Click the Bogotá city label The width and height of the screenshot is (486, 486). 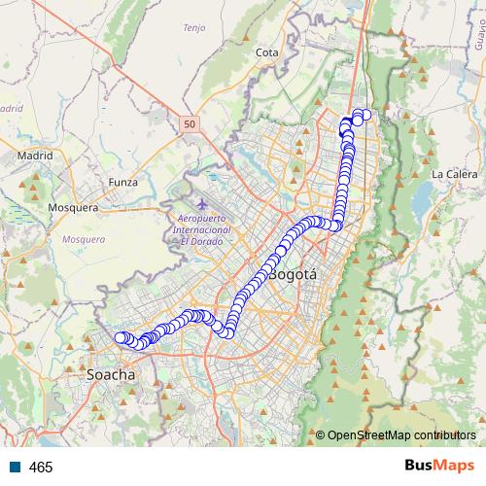[x=293, y=275]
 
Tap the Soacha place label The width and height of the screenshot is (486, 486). [x=111, y=373]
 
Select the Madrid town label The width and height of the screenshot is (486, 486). [x=34, y=155]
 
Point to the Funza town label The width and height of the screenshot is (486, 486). [x=123, y=182]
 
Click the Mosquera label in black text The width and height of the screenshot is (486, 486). [x=73, y=207]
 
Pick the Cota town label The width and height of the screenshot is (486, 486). [x=266, y=52]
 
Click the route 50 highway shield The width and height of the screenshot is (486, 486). [x=188, y=124]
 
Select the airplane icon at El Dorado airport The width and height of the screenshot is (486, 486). [x=201, y=204]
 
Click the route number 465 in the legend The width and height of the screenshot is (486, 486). [x=41, y=468]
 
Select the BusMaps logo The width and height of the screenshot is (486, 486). [x=439, y=467]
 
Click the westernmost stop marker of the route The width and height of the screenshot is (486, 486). [x=121, y=337]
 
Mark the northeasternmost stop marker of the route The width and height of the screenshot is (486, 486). [x=366, y=115]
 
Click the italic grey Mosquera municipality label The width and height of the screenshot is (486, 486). [x=83, y=238]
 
